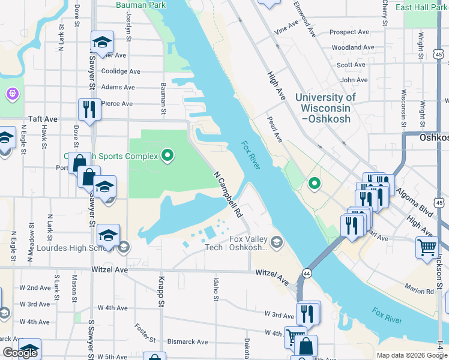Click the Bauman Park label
click(140, 5)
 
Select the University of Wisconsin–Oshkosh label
click(325, 108)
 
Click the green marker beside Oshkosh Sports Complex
click(168, 157)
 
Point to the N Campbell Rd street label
click(228, 194)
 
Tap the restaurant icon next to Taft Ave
click(89, 110)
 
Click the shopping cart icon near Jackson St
click(427, 247)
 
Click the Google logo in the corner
click(20, 353)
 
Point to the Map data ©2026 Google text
click(411, 355)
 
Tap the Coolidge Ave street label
click(121, 71)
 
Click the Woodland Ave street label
click(353, 47)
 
